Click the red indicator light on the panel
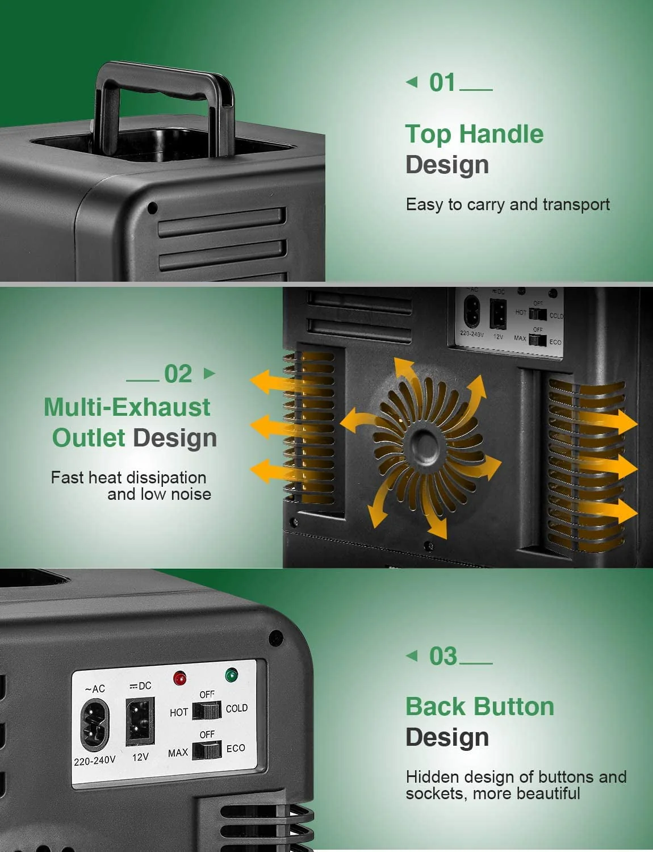(x=179, y=678)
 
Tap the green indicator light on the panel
(x=231, y=675)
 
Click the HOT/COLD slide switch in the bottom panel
(x=207, y=711)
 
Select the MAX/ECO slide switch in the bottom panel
(x=207, y=750)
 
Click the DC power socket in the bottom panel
(x=140, y=721)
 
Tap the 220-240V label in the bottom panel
(x=94, y=762)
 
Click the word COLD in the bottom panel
(x=237, y=708)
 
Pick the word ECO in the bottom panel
(x=236, y=748)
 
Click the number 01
(x=442, y=82)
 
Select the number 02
(x=178, y=374)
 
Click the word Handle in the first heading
(x=501, y=134)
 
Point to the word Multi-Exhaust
(x=127, y=407)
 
